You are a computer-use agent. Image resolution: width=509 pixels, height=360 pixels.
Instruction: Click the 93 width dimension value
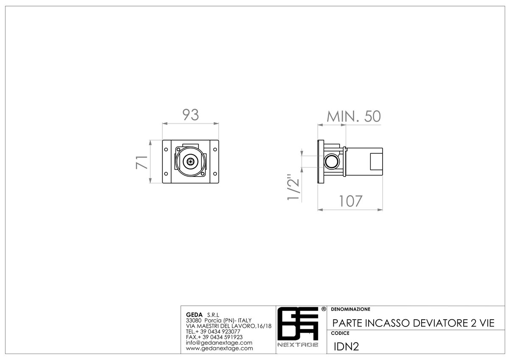(x=190, y=115)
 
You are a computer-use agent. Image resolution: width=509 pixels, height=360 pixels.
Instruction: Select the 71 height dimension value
(x=142, y=162)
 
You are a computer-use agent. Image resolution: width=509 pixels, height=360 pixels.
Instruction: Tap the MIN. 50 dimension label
(x=354, y=116)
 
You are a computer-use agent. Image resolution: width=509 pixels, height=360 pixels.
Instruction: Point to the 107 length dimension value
(x=350, y=201)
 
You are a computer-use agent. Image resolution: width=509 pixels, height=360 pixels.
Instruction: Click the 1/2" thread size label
(x=294, y=187)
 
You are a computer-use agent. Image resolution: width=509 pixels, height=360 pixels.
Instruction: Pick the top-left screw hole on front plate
(x=166, y=149)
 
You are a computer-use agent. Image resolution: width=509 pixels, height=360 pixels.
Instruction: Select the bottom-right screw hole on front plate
(x=215, y=174)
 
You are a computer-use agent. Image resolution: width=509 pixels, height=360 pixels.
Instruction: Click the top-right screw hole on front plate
(x=215, y=149)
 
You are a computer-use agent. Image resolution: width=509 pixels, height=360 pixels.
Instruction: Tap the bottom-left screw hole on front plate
(x=166, y=174)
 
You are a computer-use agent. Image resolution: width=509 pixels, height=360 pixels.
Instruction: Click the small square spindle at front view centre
(x=190, y=161)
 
